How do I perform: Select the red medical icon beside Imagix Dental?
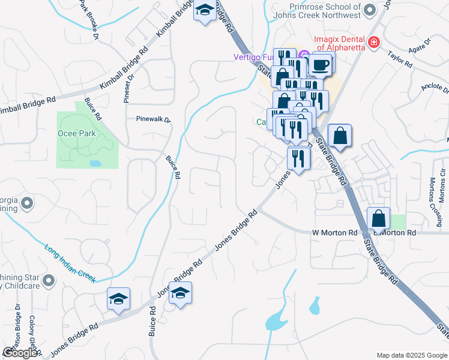tap(374, 42)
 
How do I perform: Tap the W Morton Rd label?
tap(334, 232)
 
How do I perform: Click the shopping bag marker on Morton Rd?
tap(379, 219)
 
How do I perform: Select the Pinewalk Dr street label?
tap(153, 119)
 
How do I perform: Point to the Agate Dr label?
tap(420, 44)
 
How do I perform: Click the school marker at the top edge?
tap(205, 11)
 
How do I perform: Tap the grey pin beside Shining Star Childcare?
tap(49, 280)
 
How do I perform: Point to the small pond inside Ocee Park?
tap(95, 163)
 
